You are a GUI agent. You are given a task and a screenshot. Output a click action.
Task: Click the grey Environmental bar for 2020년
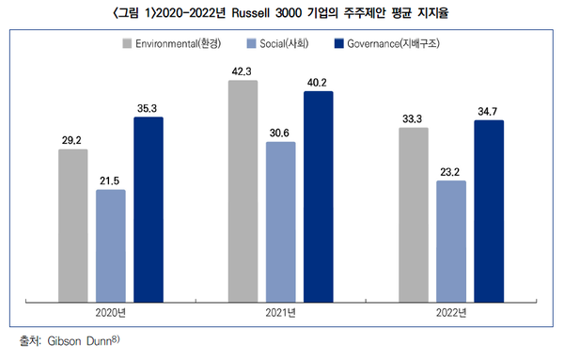point(72,226)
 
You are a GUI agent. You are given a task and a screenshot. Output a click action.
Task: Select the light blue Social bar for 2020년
point(110,246)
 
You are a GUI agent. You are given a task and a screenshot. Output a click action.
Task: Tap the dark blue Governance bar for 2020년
point(148,210)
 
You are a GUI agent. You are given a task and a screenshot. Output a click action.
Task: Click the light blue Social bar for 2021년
point(280,223)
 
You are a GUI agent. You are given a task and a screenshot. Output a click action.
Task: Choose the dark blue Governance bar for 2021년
point(318,197)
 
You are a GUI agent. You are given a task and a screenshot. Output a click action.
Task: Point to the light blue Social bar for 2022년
point(451,242)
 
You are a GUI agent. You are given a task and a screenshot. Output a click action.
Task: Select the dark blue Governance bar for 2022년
point(489,211)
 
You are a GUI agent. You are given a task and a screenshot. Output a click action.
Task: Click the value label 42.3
point(243,70)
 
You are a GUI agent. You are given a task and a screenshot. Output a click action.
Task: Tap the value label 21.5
point(110,180)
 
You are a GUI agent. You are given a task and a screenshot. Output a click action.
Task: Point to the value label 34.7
point(489,111)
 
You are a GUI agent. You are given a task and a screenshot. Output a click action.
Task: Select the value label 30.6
point(280,132)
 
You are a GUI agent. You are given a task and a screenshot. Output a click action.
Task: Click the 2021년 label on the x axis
point(280,313)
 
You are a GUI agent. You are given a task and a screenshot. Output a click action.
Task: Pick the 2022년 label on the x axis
point(451,313)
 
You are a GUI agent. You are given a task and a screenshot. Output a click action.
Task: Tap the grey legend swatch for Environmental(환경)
point(127,43)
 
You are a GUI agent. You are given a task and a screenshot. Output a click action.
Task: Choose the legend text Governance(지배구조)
point(394,43)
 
